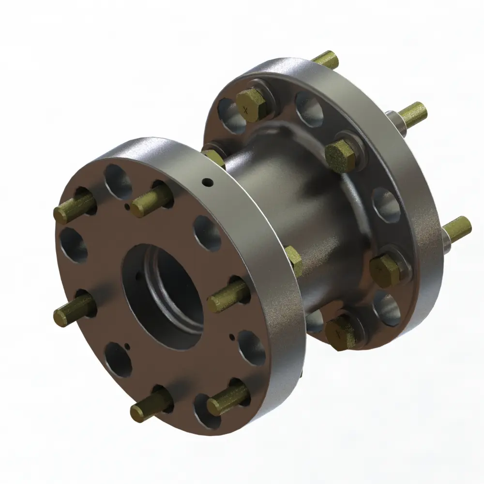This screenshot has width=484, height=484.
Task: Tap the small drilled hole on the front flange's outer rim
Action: click(208, 182)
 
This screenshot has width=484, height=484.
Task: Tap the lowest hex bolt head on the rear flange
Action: click(340, 333)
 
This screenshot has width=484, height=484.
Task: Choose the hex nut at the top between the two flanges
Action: click(213, 158)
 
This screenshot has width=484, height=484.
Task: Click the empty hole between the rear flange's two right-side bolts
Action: click(385, 206)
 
